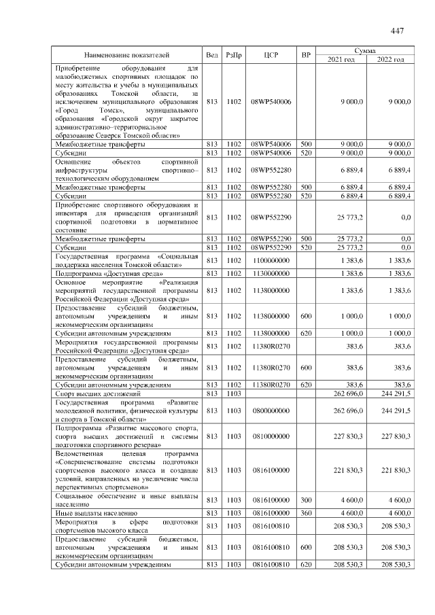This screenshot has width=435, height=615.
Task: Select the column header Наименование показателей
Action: coord(127,55)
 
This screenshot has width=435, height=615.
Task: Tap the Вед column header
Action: coord(211,55)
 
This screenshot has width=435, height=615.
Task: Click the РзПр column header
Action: coord(233,55)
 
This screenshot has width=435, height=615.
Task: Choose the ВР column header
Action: coord(307,55)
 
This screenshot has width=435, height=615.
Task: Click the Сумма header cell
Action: coord(366,50)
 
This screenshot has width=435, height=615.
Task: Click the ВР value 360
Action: coord(307,512)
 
